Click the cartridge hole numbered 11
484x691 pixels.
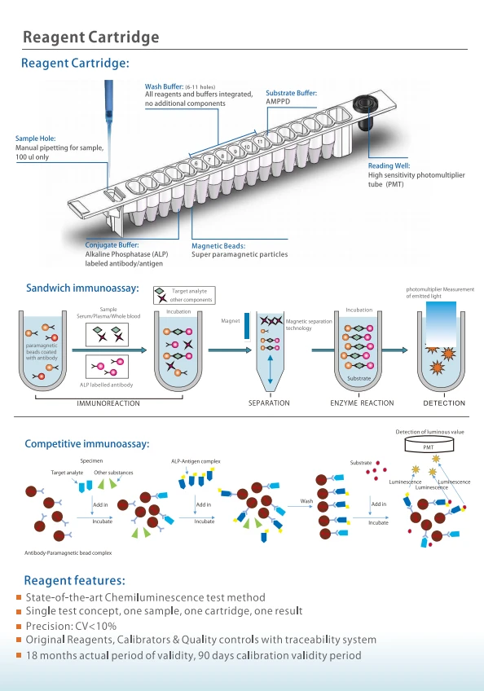[x=260, y=142]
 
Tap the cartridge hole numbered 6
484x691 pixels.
[x=196, y=164]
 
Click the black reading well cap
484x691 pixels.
[x=365, y=105]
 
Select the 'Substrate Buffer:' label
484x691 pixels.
[x=292, y=93]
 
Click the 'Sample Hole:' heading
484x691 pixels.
[x=35, y=139]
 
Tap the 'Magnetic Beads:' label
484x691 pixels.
[x=218, y=246]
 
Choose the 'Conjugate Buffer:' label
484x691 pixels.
[x=112, y=245]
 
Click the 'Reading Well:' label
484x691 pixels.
[x=389, y=165]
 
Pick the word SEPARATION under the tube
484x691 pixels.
[x=269, y=403]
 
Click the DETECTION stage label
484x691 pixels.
[x=444, y=403]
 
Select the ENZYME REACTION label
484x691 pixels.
[x=362, y=403]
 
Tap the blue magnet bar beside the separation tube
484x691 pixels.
[x=247, y=326]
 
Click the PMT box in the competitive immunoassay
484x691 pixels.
[x=429, y=446]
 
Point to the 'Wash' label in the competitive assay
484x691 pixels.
[x=306, y=501]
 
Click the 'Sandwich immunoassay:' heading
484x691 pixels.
[x=82, y=288]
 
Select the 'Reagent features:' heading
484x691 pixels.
[x=74, y=580]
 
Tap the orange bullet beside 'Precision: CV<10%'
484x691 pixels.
[x=19, y=626]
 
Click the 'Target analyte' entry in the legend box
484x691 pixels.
[x=189, y=291]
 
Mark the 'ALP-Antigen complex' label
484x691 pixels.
[x=196, y=461]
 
